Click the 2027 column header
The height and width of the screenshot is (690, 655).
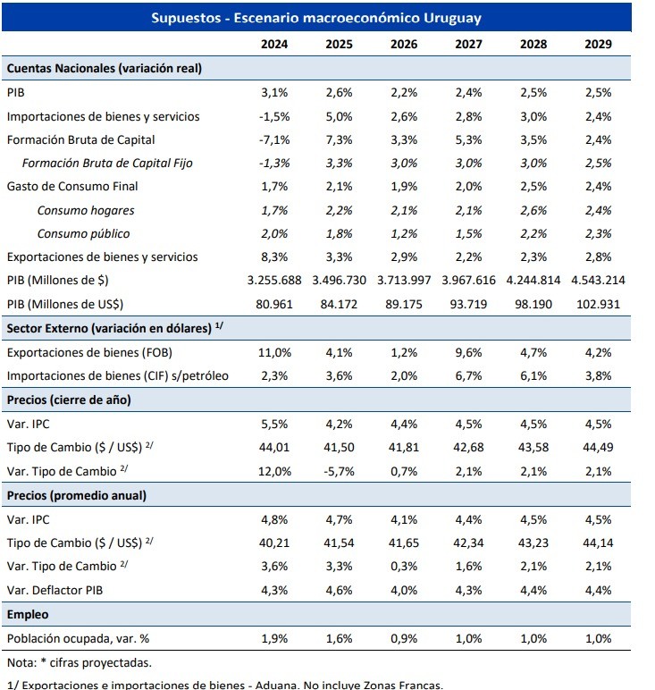tap(468, 44)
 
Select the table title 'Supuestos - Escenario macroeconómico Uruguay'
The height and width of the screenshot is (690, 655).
tap(316, 18)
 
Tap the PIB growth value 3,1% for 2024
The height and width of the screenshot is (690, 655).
tap(274, 92)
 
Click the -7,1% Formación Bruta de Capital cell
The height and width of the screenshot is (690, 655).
tap(274, 140)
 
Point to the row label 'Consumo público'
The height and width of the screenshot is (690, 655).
tap(84, 233)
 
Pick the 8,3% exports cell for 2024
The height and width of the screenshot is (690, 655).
tap(274, 257)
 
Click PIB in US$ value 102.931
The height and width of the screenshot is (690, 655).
tap(598, 304)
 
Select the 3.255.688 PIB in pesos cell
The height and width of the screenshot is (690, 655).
tap(274, 281)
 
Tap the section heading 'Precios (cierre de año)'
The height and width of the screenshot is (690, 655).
tap(69, 400)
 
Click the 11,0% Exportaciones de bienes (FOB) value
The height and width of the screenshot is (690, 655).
tap(274, 352)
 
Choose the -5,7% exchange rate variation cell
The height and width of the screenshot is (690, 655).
tap(340, 471)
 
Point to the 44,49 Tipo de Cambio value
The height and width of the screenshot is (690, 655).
tap(598, 448)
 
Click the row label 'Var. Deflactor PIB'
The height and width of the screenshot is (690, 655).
tap(55, 590)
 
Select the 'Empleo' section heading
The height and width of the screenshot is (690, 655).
tap(28, 615)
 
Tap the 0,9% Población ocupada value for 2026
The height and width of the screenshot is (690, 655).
tap(404, 638)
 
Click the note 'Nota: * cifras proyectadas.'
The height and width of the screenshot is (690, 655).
tap(80, 662)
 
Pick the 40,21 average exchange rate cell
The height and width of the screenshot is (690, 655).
tap(274, 543)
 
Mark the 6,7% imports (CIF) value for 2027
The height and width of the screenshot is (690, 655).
tap(468, 375)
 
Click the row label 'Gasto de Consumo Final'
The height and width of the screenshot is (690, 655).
tap(72, 187)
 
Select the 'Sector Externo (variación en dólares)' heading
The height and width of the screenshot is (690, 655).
tap(109, 328)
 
